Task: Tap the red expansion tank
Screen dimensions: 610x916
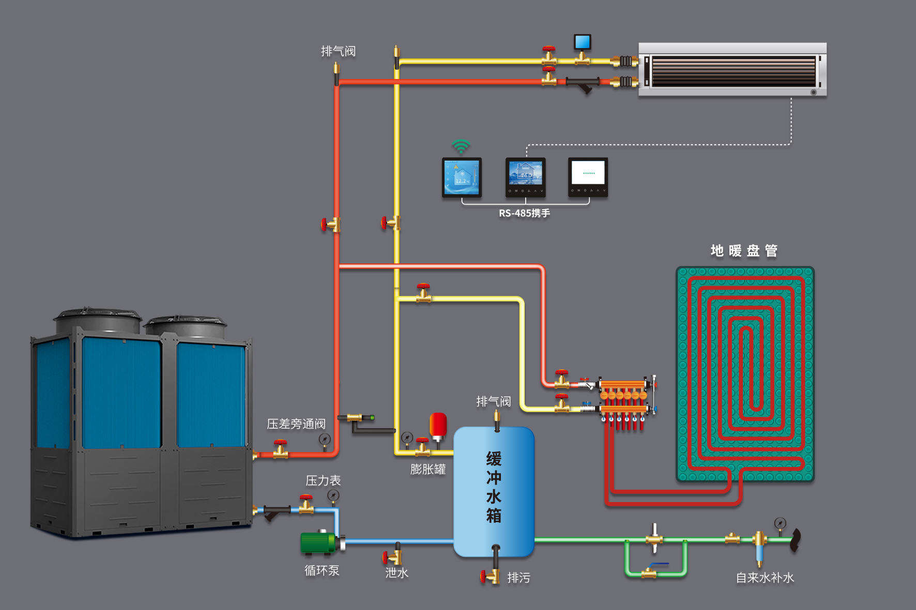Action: (x=438, y=424)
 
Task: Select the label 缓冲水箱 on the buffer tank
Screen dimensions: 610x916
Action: (x=494, y=487)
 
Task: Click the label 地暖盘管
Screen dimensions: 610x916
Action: (x=743, y=251)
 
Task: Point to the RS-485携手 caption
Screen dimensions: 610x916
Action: (x=524, y=213)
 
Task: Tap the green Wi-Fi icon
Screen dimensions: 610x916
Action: (x=461, y=147)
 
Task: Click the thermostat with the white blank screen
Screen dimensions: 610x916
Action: (x=588, y=177)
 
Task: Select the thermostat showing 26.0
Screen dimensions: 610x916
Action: (x=525, y=177)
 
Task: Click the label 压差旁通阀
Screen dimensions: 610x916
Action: (x=296, y=424)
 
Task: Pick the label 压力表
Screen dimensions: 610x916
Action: (x=323, y=481)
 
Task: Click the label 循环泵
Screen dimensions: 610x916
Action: (x=322, y=571)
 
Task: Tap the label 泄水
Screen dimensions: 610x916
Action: (x=396, y=573)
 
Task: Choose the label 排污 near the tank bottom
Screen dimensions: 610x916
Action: (x=518, y=578)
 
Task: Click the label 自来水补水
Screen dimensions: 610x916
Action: (x=765, y=578)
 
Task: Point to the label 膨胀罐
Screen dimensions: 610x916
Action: (x=428, y=470)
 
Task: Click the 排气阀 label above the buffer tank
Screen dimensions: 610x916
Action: (x=493, y=401)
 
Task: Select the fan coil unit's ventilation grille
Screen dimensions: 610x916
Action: (x=732, y=71)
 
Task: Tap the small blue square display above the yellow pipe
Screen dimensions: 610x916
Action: (x=582, y=41)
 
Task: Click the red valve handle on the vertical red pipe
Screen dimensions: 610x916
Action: (x=324, y=225)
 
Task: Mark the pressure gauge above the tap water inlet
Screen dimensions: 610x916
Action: (x=780, y=523)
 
